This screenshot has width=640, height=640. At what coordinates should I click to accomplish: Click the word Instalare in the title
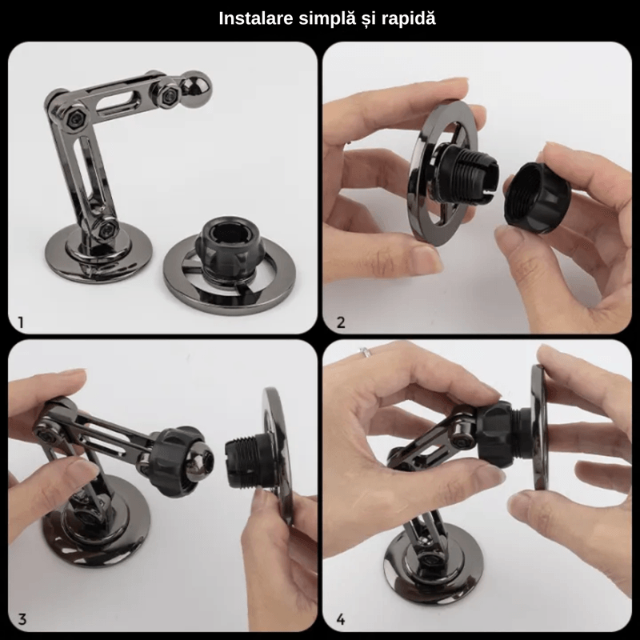pos(254,18)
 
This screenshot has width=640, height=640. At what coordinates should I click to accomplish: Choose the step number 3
pos(22,618)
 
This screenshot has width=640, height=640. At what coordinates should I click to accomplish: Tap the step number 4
pos(342,618)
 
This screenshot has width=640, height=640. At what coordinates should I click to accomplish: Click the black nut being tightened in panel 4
pos(501,436)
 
